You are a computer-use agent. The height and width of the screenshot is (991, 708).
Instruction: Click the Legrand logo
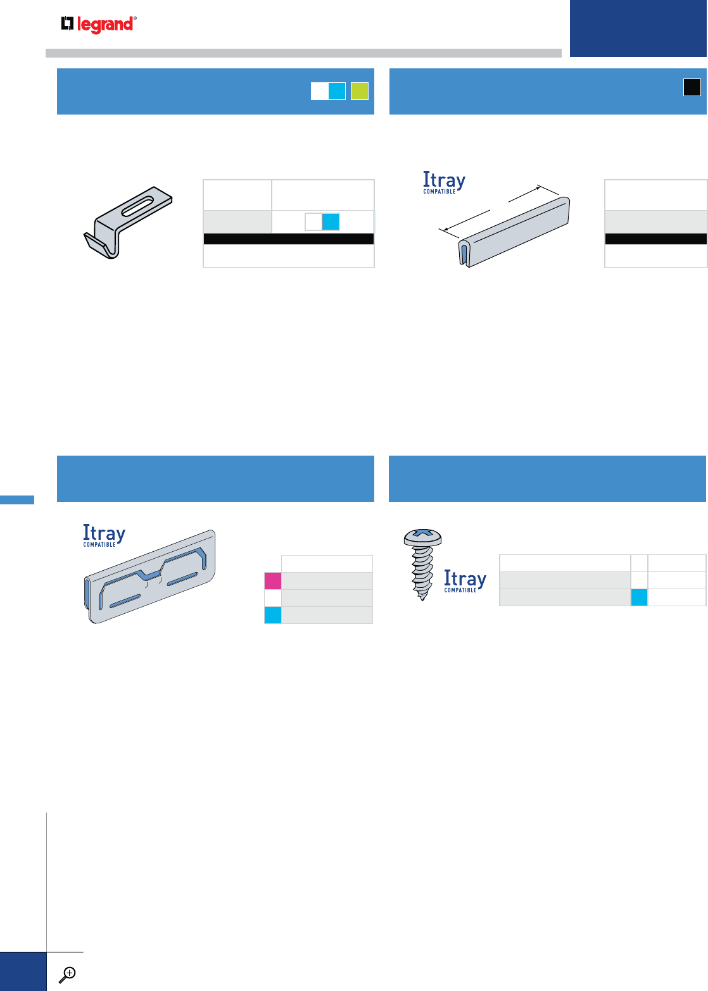[99, 25]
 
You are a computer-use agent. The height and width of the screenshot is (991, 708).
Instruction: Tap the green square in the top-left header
[360, 91]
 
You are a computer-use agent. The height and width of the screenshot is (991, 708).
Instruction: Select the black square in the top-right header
[692, 87]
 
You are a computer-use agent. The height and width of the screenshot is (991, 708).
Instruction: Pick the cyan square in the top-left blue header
[337, 91]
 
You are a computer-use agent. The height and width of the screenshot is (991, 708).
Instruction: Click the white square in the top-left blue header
[319, 91]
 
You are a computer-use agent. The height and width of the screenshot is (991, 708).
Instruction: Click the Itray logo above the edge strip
[444, 182]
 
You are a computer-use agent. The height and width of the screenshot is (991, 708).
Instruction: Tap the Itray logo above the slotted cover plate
[104, 535]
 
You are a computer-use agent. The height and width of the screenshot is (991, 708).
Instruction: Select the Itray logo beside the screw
[465, 581]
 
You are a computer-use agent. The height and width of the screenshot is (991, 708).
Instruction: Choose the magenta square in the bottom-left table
[272, 581]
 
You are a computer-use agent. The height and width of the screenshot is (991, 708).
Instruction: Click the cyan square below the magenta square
[272, 615]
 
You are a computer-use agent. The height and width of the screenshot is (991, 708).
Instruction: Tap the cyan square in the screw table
[639, 597]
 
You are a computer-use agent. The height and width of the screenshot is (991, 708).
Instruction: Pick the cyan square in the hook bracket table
[331, 221]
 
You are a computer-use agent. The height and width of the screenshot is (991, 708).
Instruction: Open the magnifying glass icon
[66, 975]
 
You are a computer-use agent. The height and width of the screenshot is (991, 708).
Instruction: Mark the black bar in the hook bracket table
[288, 239]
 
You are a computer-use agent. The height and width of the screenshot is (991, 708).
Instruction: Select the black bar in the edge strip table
[655, 239]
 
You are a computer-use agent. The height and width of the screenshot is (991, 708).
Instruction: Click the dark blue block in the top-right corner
[638, 28]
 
